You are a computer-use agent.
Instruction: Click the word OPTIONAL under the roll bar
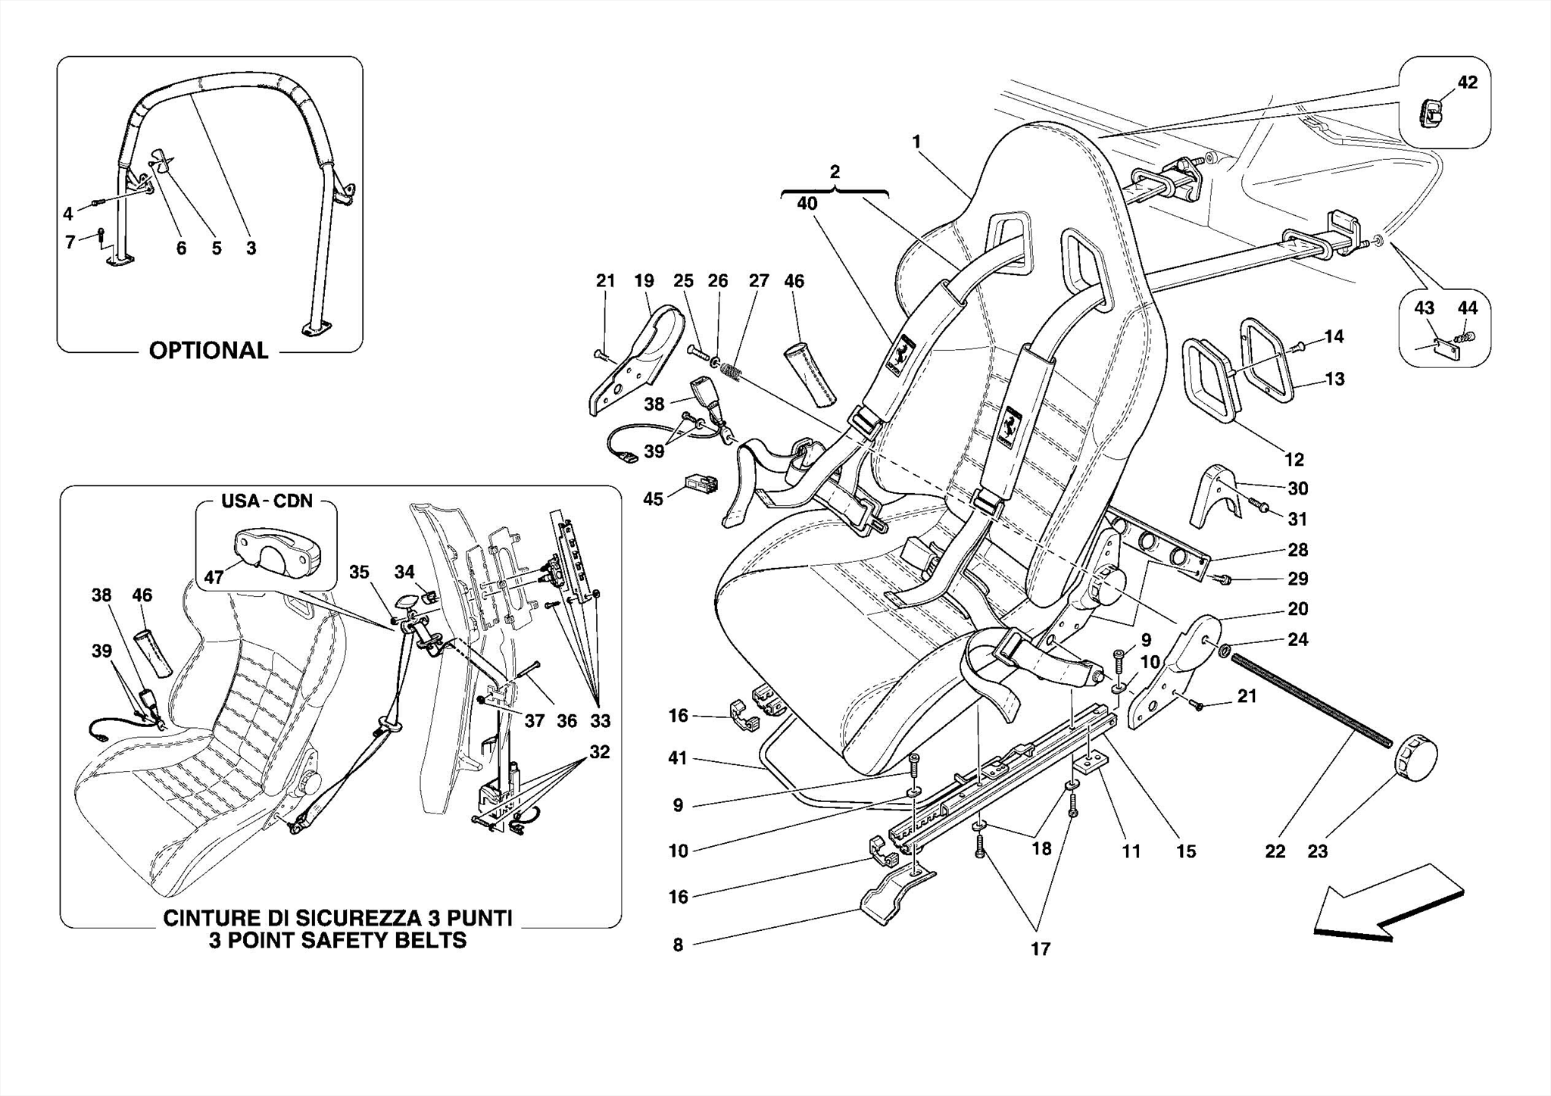(208, 351)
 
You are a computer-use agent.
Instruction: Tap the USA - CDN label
(267, 501)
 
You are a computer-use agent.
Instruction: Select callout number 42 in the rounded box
(1467, 82)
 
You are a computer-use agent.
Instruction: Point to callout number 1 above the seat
(916, 142)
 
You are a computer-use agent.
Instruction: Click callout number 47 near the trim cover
(214, 577)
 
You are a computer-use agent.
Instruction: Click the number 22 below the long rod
(1275, 851)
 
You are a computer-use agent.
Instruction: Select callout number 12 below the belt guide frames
(1294, 459)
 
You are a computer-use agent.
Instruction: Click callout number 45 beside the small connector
(653, 498)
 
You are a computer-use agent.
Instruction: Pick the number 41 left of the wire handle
(677, 757)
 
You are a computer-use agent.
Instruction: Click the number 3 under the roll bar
(251, 248)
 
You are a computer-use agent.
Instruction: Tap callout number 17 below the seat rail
(1040, 948)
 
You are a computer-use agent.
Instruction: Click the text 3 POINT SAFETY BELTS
(338, 941)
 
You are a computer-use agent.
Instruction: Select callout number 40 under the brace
(807, 203)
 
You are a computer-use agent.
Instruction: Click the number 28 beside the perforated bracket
(1297, 549)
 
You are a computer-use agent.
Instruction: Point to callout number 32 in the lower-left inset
(599, 752)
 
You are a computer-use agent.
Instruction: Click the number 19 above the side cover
(644, 281)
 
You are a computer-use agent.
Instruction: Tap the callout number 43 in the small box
(1424, 308)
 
